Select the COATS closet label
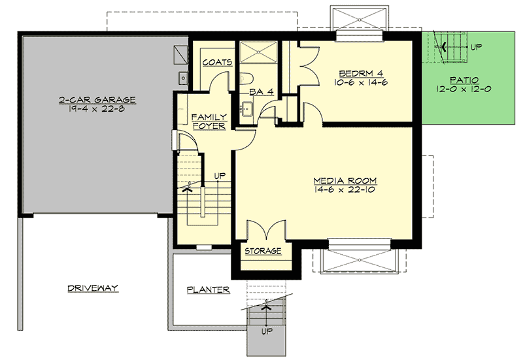point(217,63)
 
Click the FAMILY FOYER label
point(208,121)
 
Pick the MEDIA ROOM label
point(345,180)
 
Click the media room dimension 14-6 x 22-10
point(345,190)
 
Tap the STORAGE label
point(263,251)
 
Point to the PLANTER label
point(207,289)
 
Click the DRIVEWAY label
point(92,288)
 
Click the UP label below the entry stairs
point(266,331)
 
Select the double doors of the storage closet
point(264,229)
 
